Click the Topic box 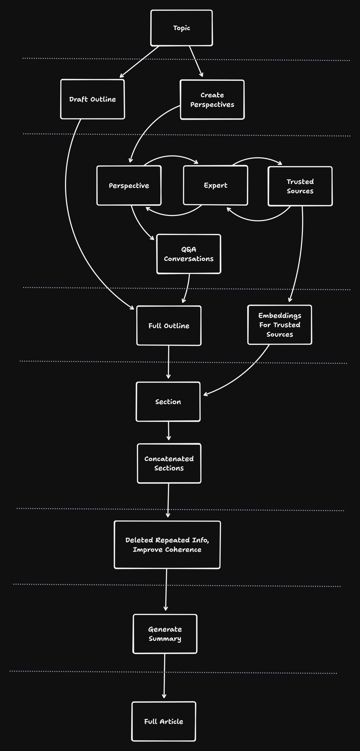pyautogui.click(x=181, y=28)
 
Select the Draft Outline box pyautogui.click(x=92, y=99)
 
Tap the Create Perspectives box pyautogui.click(x=212, y=100)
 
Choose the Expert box pyautogui.click(x=215, y=185)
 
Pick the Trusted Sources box pyautogui.click(x=300, y=186)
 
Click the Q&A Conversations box pyautogui.click(x=189, y=254)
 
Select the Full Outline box pyautogui.click(x=169, y=326)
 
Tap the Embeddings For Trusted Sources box pyautogui.click(x=279, y=325)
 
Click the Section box pyautogui.click(x=168, y=402)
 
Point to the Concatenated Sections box pyautogui.click(x=169, y=463)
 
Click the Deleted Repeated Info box pyautogui.click(x=167, y=545)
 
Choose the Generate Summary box pyautogui.click(x=165, y=634)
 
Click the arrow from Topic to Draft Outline pyautogui.click(x=139, y=62)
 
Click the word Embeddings pyautogui.click(x=279, y=315)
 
